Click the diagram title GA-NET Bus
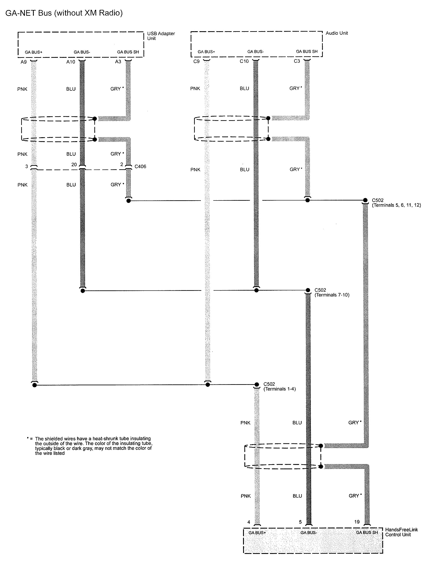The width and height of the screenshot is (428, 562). coord(64,13)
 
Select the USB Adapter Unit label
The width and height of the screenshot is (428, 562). coord(161,36)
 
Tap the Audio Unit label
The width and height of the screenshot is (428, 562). coord(337,33)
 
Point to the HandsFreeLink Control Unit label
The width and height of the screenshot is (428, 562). coord(401,532)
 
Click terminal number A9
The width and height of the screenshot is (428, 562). coord(24,62)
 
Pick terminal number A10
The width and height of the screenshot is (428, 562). coord(71,62)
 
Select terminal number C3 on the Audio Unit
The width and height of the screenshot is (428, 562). coord(297,61)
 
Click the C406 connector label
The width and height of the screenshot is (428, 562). coord(140,166)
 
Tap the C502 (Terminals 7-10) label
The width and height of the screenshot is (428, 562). coord(332,292)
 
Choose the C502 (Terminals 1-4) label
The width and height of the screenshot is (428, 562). coord(279,386)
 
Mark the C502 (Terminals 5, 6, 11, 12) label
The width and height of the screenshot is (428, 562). coord(396,203)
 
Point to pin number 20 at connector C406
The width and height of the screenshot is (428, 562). coord(74,165)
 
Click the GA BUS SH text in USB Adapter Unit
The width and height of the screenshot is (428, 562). coord(128,52)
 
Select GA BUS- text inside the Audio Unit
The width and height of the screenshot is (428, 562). coord(255,52)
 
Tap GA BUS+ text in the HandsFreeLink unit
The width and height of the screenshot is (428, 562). coord(257,533)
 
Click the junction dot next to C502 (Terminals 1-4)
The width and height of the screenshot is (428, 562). coord(257,384)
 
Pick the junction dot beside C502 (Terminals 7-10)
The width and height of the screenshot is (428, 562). coord(308,290)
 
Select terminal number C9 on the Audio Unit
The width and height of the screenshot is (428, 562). coord(197,61)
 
